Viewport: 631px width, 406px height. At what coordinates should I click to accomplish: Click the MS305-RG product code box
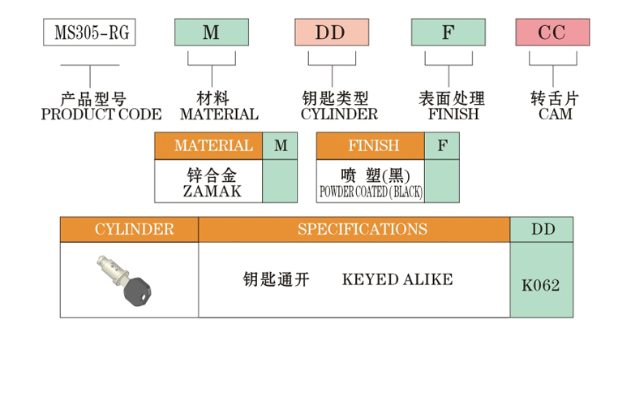click(89, 32)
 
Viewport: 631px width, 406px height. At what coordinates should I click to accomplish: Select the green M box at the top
click(211, 32)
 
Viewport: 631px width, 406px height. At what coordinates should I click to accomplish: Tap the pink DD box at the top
click(331, 32)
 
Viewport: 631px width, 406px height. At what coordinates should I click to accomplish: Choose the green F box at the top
click(449, 32)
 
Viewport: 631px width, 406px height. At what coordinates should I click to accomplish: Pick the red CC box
click(552, 32)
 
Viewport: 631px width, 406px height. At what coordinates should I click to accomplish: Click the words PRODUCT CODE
click(101, 114)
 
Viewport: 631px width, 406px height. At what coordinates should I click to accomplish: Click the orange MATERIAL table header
click(208, 146)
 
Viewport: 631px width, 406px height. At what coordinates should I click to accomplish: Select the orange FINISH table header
click(371, 146)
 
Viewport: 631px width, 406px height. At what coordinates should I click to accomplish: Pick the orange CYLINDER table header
click(129, 229)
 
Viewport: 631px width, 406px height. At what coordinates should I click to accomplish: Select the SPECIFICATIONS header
click(354, 229)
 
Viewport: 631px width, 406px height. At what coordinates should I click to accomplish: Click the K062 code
click(541, 285)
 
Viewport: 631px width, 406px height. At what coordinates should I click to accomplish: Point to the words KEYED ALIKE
click(397, 280)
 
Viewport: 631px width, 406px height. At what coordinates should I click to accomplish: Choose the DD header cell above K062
click(542, 229)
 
